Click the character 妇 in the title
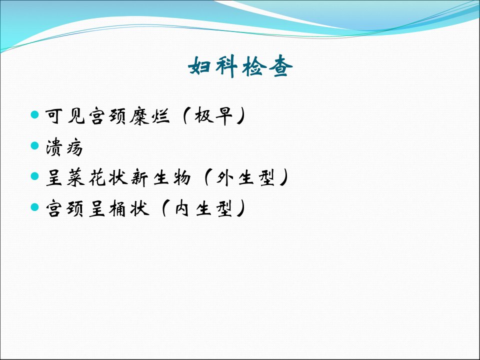199,66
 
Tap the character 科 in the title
226,66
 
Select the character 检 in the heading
253,66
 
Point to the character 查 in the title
280,66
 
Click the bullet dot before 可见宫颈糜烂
35,115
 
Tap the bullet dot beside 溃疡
35,145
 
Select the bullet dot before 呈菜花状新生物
35,176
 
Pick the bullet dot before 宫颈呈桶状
35,207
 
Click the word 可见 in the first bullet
65,116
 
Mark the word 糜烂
149,116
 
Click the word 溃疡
64,147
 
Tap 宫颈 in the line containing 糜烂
107,116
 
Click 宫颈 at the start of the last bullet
64,209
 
